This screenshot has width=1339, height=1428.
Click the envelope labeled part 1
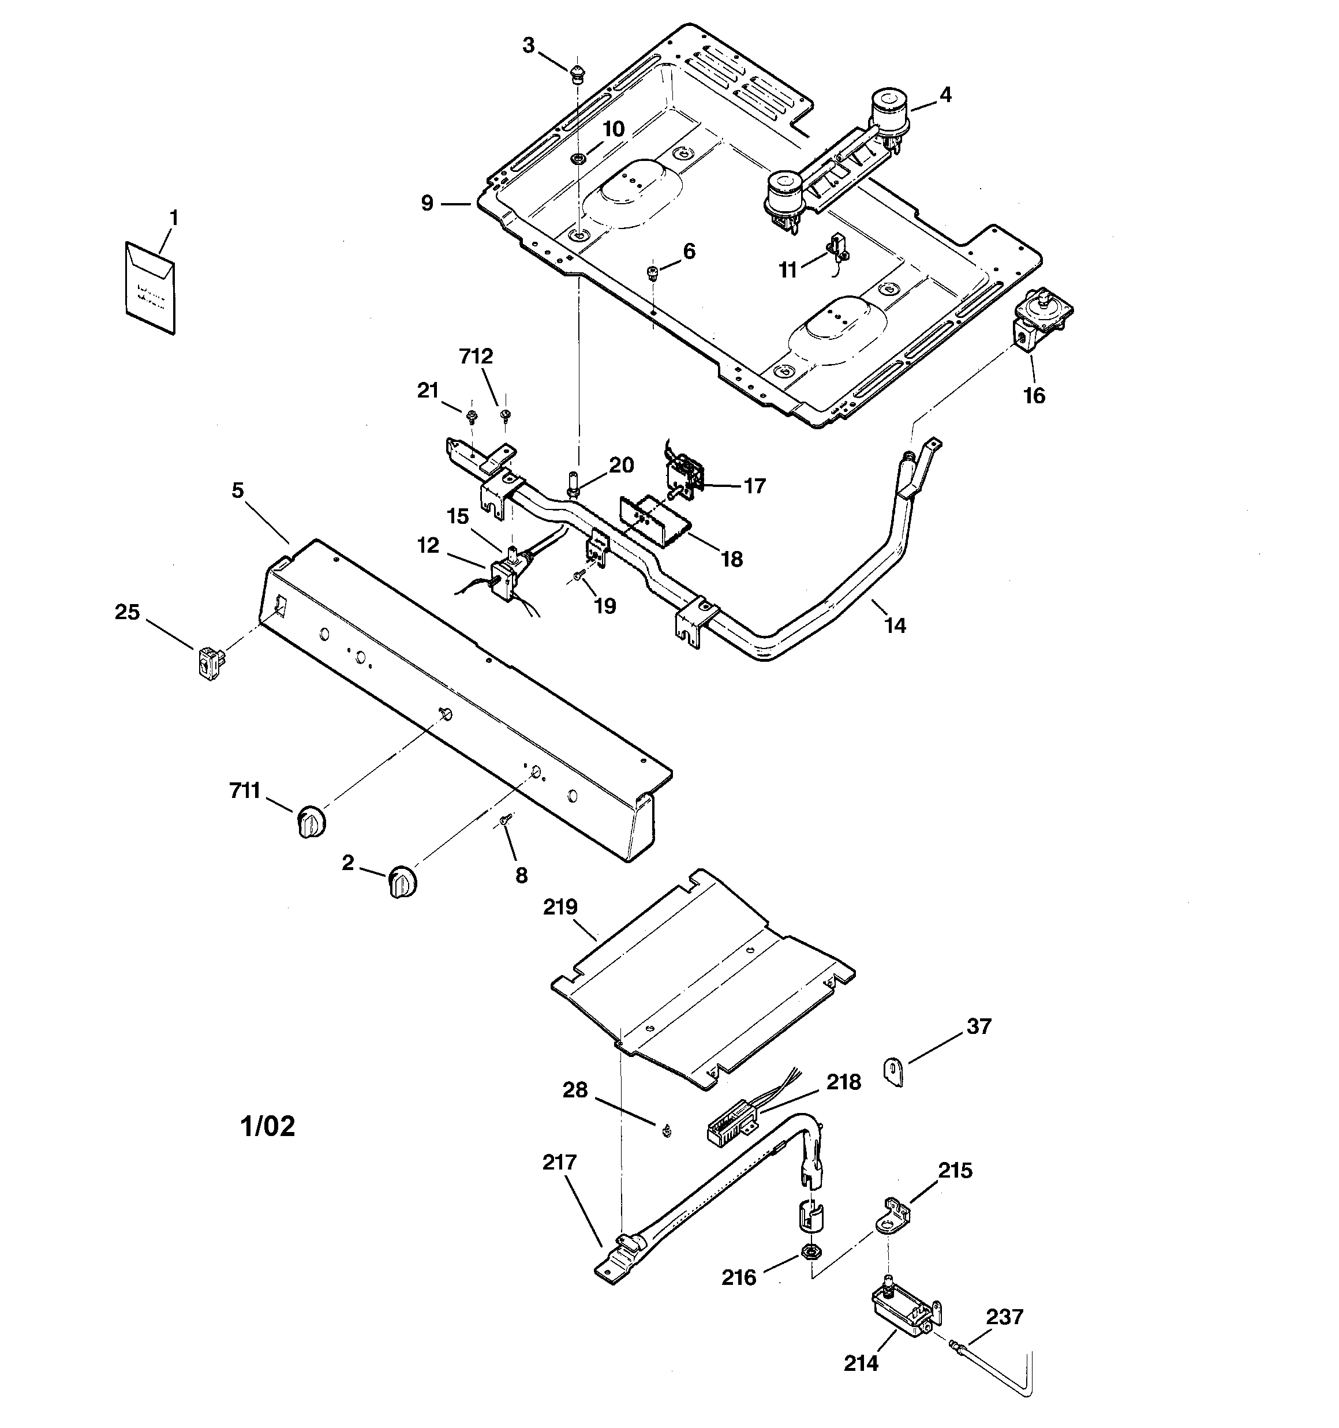150,287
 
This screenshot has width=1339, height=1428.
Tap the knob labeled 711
311,821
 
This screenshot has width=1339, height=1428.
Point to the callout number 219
560,907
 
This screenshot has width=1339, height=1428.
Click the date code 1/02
267,1126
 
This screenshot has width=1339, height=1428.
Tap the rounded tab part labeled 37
893,1073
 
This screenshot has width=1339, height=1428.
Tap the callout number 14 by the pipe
895,625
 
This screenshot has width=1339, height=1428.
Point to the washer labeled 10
577,158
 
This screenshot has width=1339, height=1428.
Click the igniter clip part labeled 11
837,248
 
